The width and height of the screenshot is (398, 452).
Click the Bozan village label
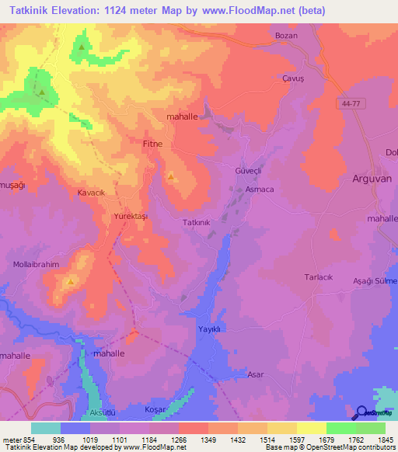pyautogui.click(x=287, y=36)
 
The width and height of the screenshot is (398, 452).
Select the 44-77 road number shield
pyautogui.click(x=351, y=103)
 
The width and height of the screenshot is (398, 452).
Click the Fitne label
pyautogui.click(x=153, y=144)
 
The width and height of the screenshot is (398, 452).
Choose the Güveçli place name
pyautogui.click(x=239, y=170)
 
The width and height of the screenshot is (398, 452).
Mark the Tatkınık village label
pyautogui.click(x=196, y=222)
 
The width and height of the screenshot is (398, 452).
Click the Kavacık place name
pyautogui.click(x=91, y=192)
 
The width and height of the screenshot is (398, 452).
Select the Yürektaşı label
pyautogui.click(x=130, y=215)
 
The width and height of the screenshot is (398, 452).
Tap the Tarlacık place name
pyautogui.click(x=317, y=276)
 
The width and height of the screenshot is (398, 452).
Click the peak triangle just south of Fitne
pyautogui.click(x=170, y=177)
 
